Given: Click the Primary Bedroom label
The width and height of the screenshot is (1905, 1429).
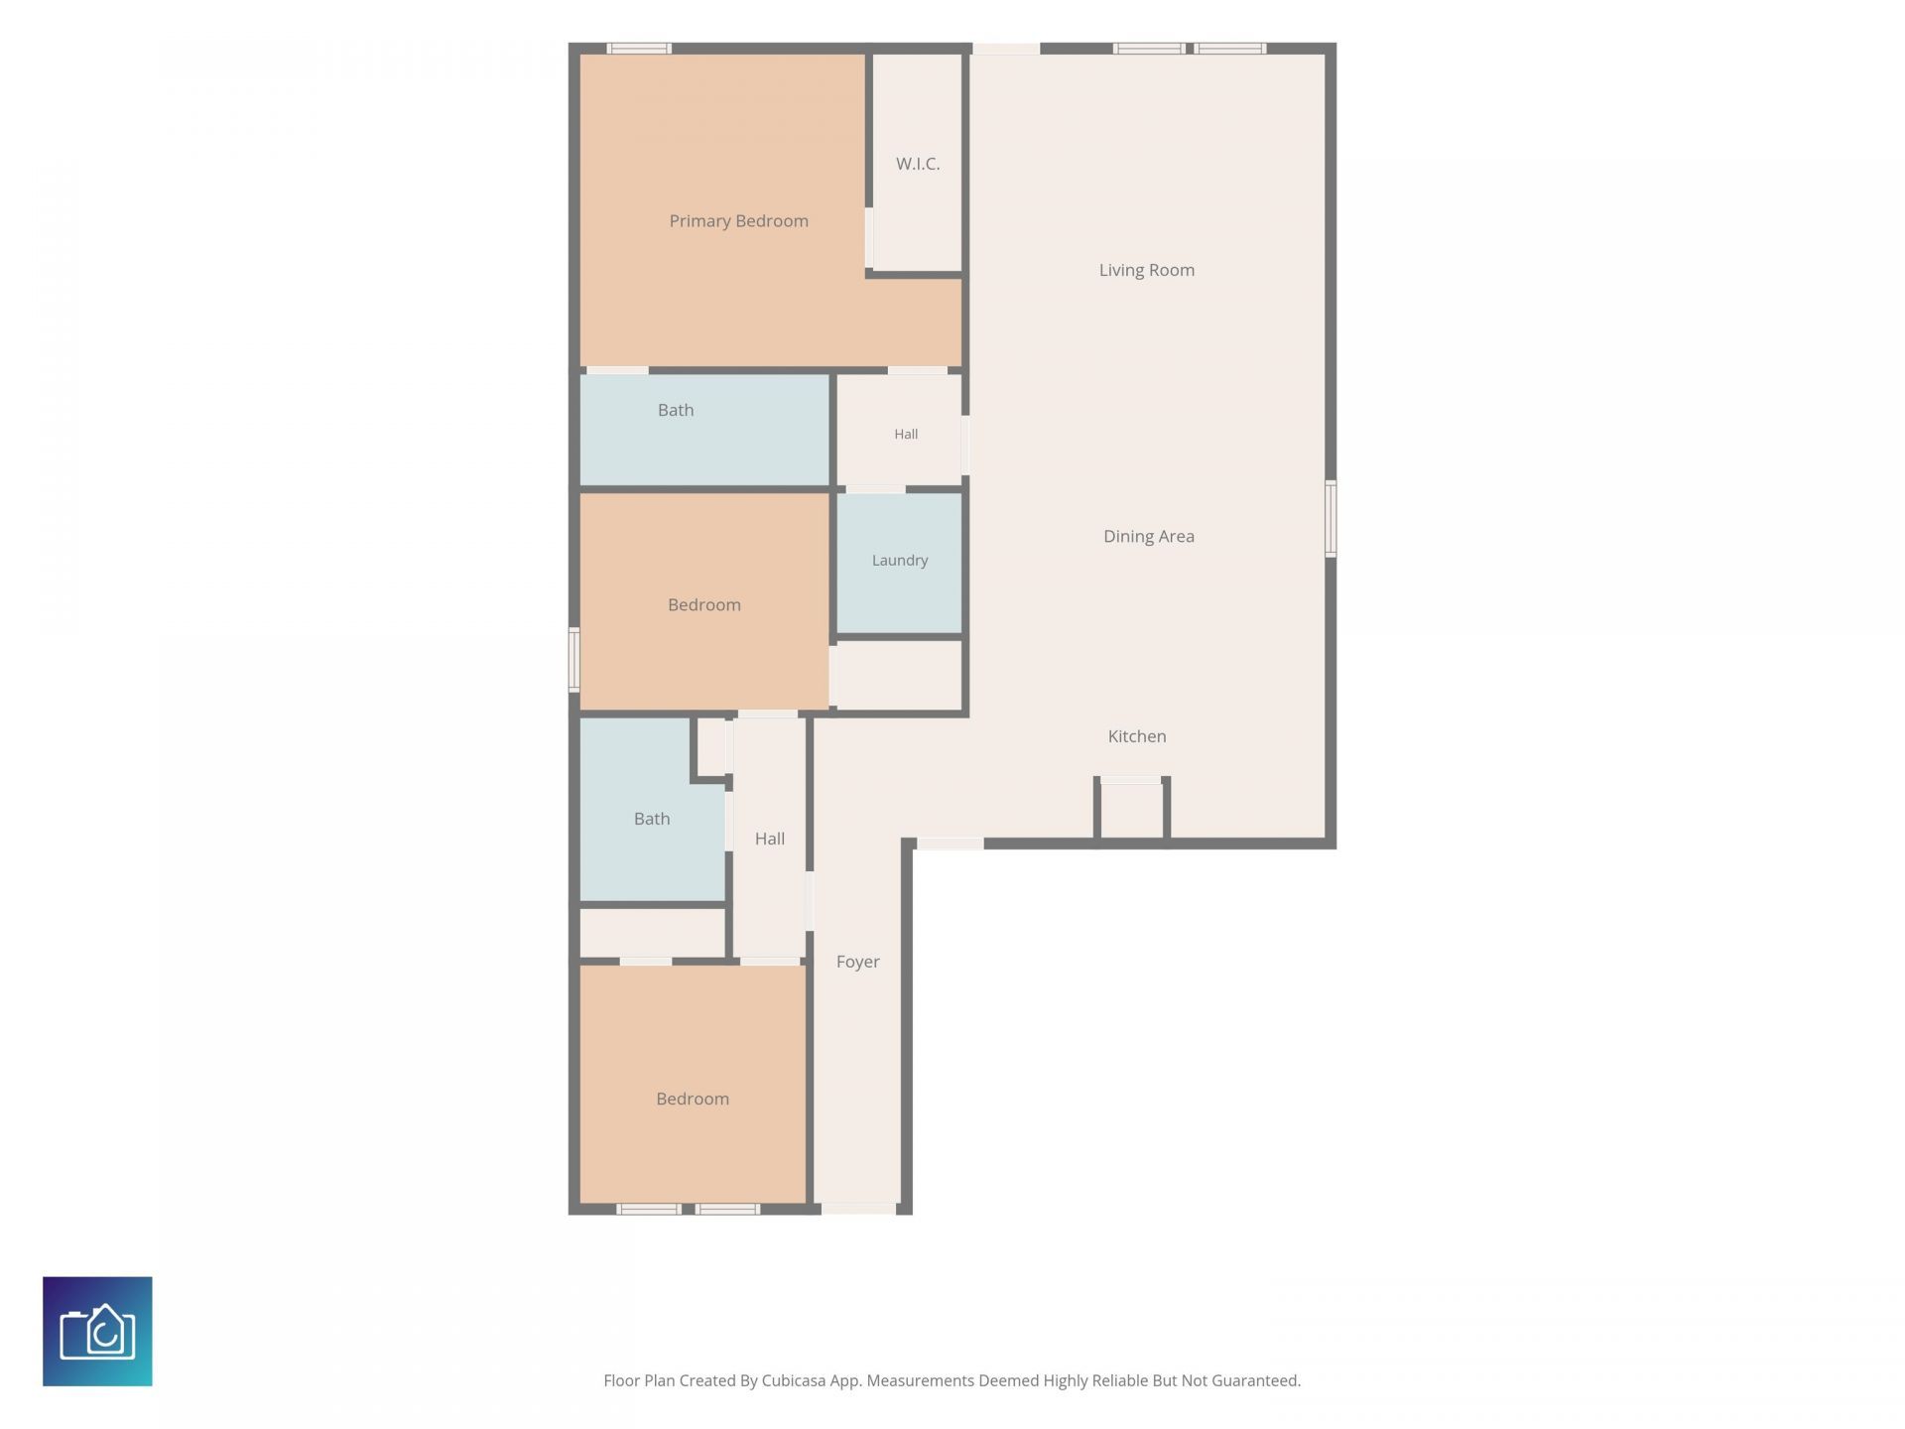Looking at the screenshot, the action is (738, 221).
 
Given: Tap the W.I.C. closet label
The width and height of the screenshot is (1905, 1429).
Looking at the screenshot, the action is (918, 164).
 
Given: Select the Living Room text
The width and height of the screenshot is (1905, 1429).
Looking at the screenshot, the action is (1146, 270).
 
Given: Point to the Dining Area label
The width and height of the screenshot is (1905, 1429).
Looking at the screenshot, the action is (1148, 536).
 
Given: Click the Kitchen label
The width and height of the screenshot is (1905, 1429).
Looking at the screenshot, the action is (1137, 736).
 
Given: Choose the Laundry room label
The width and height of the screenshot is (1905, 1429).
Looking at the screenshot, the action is (900, 561).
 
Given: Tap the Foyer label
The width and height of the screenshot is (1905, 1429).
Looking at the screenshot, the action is (857, 962).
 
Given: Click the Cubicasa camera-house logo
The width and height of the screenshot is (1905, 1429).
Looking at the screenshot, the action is (97, 1331).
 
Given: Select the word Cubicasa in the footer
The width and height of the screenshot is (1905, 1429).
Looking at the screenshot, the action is (794, 1380).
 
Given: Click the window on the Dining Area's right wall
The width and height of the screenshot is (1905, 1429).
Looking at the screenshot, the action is (1331, 518).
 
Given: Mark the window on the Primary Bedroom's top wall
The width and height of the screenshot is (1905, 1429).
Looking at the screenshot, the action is (639, 48).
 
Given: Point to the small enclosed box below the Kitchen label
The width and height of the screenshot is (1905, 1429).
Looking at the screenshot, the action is (1131, 810).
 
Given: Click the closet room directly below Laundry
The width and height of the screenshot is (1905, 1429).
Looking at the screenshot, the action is (899, 675).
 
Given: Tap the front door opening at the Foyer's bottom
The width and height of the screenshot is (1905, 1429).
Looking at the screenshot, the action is (858, 1209).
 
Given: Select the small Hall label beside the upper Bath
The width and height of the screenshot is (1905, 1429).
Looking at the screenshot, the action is (906, 434).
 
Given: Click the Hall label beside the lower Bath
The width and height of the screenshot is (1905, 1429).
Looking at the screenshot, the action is (769, 839).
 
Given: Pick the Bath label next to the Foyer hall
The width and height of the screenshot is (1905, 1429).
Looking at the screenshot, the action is (652, 819).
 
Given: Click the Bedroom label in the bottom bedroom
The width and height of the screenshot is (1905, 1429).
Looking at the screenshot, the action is (693, 1099).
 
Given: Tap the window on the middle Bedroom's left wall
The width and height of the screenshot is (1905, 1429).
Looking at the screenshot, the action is (573, 660).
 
